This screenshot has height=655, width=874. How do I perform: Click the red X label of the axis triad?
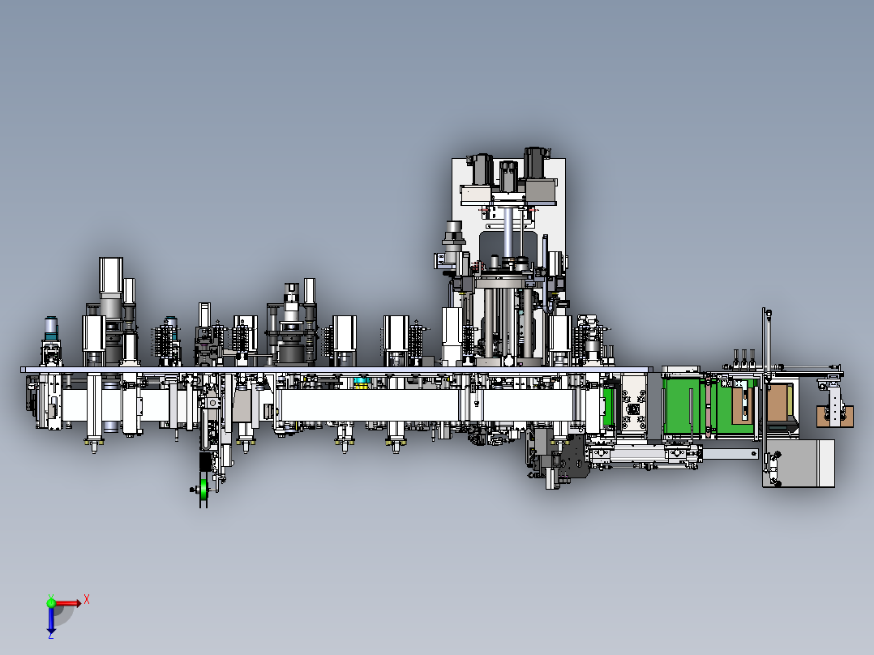click(87, 600)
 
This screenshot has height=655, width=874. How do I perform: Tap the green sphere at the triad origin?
click(51, 603)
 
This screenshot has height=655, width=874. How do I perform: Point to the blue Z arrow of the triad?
click(51, 620)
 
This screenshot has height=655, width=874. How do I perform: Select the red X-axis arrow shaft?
click(66, 603)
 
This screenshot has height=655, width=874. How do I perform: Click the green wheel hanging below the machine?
click(204, 489)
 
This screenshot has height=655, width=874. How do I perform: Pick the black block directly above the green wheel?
click(205, 461)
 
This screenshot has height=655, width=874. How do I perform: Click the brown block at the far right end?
click(834, 417)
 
